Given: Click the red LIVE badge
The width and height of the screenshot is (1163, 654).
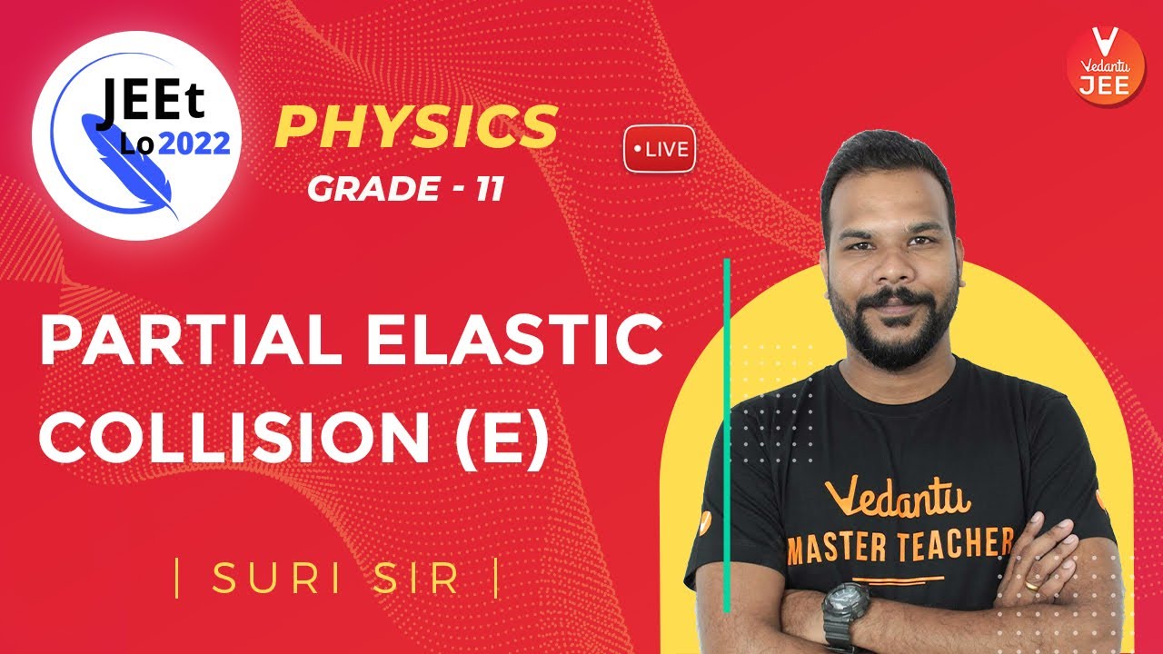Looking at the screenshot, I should click(x=660, y=149).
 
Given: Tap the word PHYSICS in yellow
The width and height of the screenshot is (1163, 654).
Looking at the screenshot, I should click(x=415, y=127).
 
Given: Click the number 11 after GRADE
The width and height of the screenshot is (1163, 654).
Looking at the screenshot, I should click(x=489, y=190).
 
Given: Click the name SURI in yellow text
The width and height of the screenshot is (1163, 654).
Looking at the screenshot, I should click(x=278, y=580).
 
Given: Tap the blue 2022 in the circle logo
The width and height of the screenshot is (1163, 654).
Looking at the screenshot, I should click(x=192, y=143).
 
